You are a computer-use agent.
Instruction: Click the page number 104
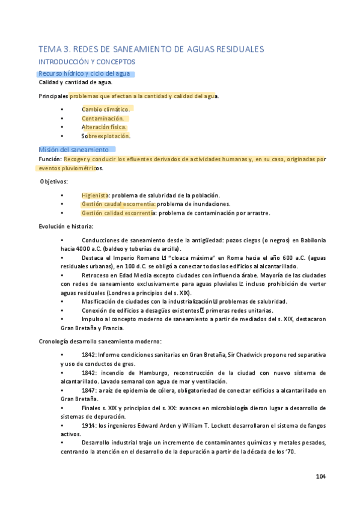(320, 477)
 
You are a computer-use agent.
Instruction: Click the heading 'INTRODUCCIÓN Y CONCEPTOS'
(87, 62)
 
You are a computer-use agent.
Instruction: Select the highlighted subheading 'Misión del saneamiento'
(73, 149)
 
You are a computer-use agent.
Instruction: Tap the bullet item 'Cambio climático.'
(106, 109)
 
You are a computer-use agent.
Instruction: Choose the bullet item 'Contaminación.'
(103, 118)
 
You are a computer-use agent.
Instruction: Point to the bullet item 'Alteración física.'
(105, 127)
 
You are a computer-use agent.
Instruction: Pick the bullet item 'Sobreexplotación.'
(106, 136)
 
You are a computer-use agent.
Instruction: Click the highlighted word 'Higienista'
(94, 195)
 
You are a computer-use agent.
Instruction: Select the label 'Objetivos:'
(54, 181)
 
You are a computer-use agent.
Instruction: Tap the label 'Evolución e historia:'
(66, 226)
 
